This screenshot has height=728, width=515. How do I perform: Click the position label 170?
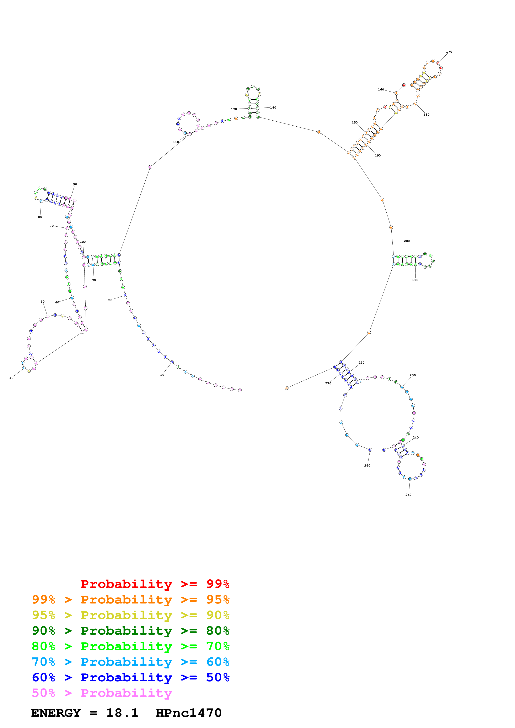click(449, 52)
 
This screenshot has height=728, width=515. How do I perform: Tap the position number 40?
click(11, 378)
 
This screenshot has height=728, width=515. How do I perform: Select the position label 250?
click(408, 495)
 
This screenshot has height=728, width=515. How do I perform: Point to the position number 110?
click(176, 142)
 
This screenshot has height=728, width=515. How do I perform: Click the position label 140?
click(273, 107)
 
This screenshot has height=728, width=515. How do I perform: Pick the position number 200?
click(407, 241)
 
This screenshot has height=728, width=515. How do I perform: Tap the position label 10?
click(162, 375)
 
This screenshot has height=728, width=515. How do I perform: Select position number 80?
click(40, 217)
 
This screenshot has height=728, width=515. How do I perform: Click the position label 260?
click(367, 465)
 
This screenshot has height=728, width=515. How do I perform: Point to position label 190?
click(378, 155)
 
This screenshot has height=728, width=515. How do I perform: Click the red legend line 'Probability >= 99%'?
click(155, 584)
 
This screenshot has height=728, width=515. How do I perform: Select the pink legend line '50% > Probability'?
click(102, 693)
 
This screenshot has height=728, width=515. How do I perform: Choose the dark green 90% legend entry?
click(130, 631)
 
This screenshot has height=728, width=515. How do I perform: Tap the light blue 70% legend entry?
click(130, 662)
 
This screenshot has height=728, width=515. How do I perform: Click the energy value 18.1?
click(122, 713)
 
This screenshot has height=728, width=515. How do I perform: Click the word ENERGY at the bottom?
click(56, 713)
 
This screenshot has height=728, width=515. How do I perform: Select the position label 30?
click(94, 280)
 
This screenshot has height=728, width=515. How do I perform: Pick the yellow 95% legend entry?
click(130, 615)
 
